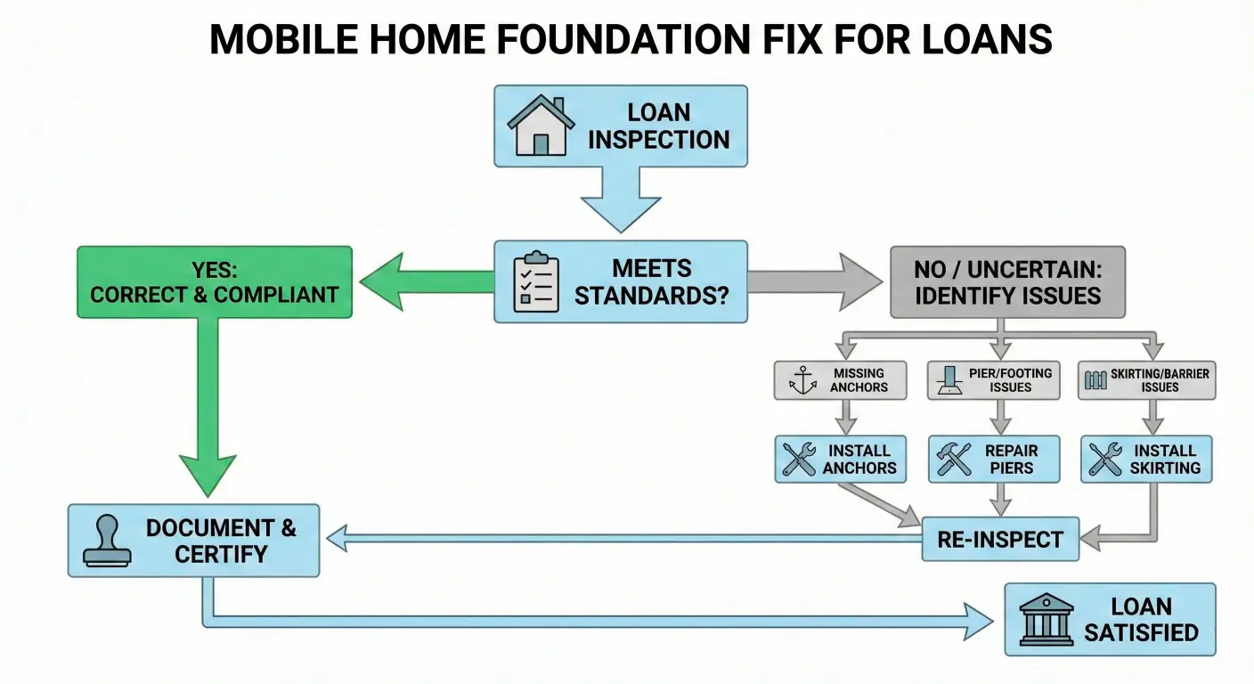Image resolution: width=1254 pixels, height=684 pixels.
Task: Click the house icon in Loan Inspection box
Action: pos(540,126)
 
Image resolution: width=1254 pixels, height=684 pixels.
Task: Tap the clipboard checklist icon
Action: pos(536,282)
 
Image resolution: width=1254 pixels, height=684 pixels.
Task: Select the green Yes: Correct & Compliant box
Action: pos(215,281)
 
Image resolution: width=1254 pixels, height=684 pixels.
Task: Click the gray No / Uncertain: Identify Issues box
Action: pos(1007,282)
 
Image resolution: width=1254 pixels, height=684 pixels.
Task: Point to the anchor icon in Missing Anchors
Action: pos(802,380)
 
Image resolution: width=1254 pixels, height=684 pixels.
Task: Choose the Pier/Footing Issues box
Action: pos(994,380)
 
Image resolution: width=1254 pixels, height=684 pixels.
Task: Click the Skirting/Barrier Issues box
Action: pos(1147,380)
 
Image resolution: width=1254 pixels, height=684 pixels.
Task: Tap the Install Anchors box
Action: pos(840,459)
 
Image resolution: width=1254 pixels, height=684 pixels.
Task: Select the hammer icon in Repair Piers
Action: pos(954,459)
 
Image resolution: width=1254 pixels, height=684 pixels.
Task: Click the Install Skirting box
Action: pos(1146,459)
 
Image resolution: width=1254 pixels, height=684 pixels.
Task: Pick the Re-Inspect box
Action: pos(999,539)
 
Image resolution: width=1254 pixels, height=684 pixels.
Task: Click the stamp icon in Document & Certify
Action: pos(107,541)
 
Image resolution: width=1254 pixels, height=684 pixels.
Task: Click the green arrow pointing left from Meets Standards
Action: pos(427,281)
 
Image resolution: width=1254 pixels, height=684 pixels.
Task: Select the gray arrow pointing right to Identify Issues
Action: pos(815,281)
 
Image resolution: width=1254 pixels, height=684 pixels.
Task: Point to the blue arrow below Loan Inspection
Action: pos(620,200)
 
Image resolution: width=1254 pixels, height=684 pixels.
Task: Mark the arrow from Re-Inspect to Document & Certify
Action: pos(623,538)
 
